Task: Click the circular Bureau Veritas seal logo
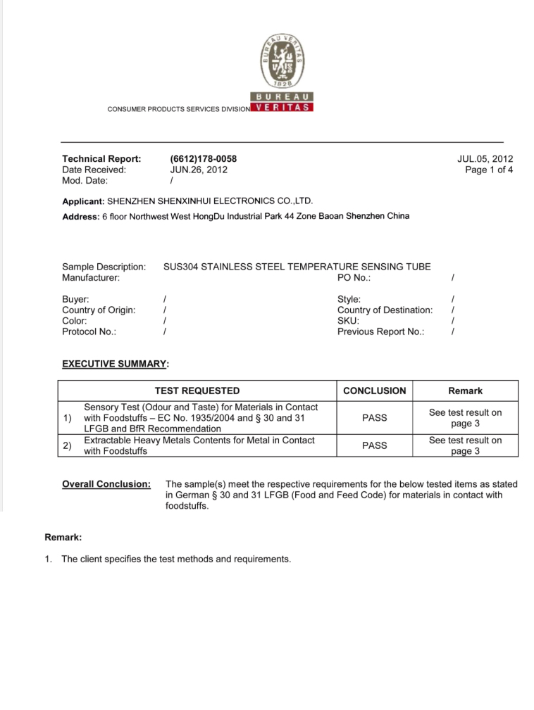(282, 60)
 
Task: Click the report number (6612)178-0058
(199, 159)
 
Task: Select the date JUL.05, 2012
(485, 159)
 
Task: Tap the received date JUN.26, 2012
(199, 170)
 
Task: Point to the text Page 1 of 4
(489, 170)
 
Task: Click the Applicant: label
(83, 201)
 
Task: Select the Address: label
(80, 217)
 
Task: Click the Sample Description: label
(104, 267)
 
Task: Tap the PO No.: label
(354, 278)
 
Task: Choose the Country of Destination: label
(385, 310)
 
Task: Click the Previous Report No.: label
(381, 331)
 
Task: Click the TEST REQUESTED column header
(197, 391)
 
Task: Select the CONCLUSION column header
(374, 391)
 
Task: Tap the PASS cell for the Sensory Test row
(374, 418)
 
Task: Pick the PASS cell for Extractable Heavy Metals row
(374, 445)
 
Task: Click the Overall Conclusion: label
(106, 484)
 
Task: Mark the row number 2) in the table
(68, 445)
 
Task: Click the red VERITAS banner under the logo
(282, 107)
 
